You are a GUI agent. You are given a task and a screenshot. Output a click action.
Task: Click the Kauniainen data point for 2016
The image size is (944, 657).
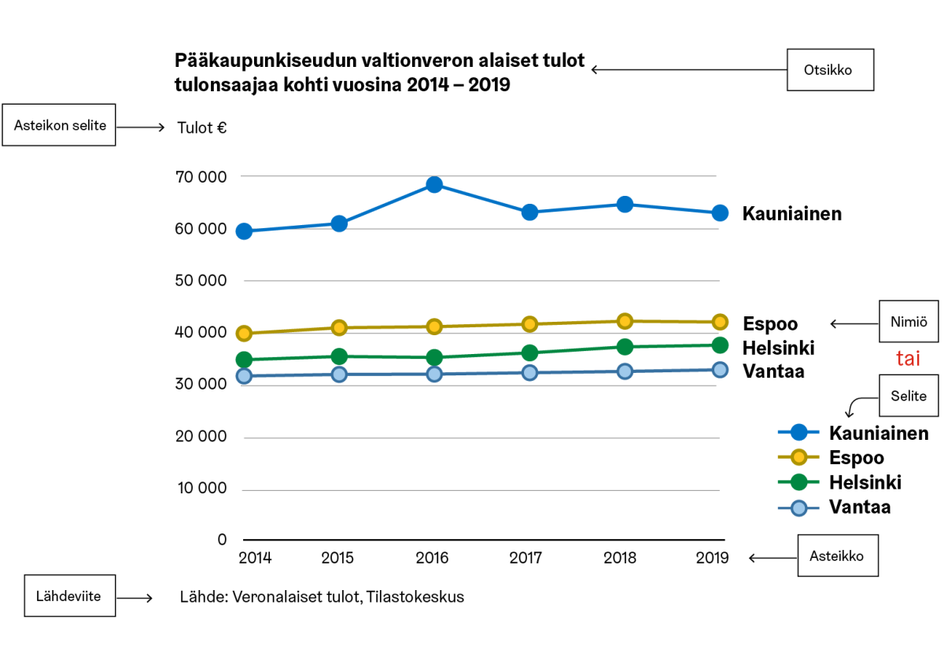pos(433,185)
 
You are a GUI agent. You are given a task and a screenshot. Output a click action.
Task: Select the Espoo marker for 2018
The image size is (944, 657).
pos(625,321)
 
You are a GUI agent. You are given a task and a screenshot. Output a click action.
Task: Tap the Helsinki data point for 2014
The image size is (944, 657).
pos(244,360)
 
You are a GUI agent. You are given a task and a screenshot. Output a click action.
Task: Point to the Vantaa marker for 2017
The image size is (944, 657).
pos(529,372)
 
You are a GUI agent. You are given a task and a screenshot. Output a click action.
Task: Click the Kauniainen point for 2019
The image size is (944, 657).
pos(720,213)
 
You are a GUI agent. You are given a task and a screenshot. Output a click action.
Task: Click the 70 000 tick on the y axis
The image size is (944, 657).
pos(201,177)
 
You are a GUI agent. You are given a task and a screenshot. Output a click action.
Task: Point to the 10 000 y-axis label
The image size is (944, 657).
pos(201,489)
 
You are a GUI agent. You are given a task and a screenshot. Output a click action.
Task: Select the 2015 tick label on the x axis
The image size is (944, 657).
pos(337,558)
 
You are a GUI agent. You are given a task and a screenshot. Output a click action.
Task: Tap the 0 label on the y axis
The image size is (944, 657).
pos(222,540)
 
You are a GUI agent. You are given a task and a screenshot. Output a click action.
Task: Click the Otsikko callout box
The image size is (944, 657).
pos(831,70)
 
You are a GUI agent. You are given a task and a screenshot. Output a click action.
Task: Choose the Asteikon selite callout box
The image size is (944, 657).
pos(60,125)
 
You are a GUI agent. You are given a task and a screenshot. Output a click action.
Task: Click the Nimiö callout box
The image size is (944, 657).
pos(909,321)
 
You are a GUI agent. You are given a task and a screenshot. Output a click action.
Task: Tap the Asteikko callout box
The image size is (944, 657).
pos(837,555)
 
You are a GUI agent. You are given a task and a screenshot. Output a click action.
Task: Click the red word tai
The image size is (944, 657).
pos(908,359)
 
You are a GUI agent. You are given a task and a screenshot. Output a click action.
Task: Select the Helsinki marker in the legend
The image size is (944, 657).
pos(799,482)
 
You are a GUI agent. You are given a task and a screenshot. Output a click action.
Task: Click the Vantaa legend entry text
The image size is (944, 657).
pos(860,508)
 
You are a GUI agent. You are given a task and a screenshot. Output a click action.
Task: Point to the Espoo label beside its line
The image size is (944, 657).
pos(770,324)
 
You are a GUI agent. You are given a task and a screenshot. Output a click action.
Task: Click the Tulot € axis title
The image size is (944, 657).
pos(202,127)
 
